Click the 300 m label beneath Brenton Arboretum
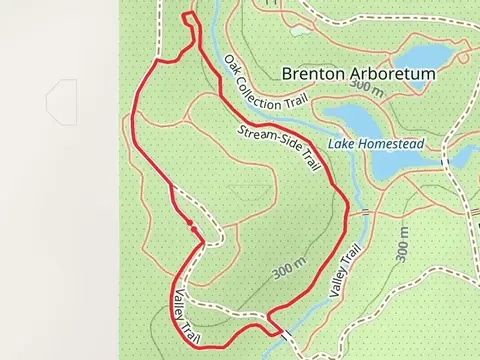click(x=366, y=90)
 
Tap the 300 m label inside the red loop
click(x=287, y=270)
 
